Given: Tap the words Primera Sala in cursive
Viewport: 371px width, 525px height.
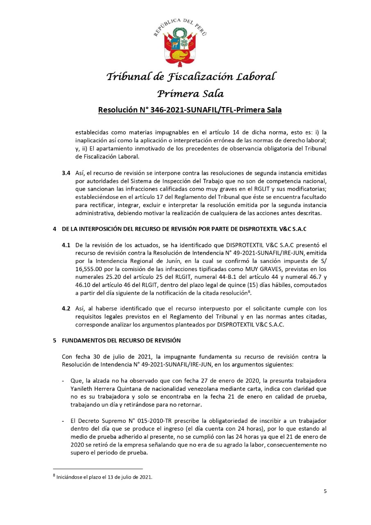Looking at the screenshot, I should click(191, 94).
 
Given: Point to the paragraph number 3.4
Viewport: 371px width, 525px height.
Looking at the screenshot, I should click(66, 173).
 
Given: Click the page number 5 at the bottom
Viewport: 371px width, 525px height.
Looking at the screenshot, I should click(325, 491).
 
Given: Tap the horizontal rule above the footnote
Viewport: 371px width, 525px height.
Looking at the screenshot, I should click(98, 468).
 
